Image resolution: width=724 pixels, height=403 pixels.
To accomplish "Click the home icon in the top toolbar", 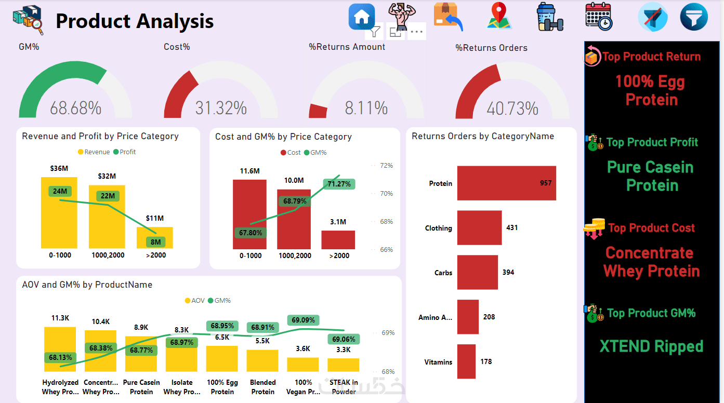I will pos(362,17).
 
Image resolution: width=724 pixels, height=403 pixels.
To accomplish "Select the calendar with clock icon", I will pos(598,16).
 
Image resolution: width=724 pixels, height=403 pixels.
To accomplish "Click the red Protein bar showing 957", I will pos(506,183).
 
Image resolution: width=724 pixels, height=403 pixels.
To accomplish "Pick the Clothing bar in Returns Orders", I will pos(479,227).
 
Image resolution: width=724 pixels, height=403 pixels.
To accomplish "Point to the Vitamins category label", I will pos(438,362).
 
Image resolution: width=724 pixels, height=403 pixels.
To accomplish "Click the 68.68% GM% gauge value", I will pos(75,109).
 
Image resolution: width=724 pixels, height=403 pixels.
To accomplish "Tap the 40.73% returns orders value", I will pos(512,109).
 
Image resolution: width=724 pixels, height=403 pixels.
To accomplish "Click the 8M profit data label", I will pos(155,242).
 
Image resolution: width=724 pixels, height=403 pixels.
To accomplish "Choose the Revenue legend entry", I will pos(94,152).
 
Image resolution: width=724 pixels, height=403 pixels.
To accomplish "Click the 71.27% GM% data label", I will pos(338,184).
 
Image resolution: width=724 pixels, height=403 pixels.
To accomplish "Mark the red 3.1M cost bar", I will pos(338,239).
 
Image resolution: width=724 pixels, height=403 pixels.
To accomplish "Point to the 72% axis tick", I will pos(386,166).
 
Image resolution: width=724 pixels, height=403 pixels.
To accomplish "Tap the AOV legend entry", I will pos(195,301).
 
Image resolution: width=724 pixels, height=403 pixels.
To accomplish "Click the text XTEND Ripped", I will pos(651,346).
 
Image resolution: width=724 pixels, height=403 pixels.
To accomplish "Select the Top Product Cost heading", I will pos(651,228).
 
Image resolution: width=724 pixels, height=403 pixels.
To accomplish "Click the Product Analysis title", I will pos(135,21).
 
